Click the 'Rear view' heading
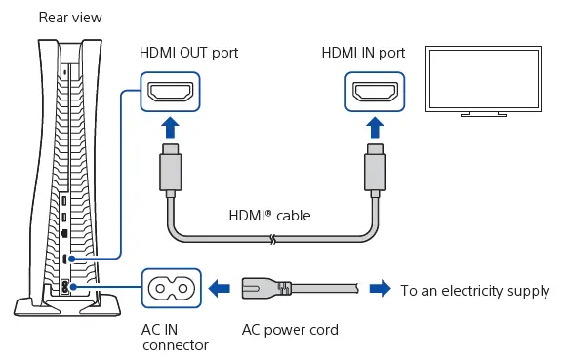(70, 18)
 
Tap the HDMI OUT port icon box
(170, 92)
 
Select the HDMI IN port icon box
(375, 92)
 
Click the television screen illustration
(483, 79)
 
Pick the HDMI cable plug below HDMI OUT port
(170, 171)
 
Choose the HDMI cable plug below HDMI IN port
(375, 171)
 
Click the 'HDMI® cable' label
(269, 216)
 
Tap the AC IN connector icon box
(171, 288)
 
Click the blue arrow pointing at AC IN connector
(220, 288)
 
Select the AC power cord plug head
(266, 288)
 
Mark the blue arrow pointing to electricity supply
(381, 288)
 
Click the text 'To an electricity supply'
(475, 291)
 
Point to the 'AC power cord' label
(290, 330)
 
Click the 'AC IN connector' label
(175, 338)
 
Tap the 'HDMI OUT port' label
(188, 53)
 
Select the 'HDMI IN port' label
(363, 53)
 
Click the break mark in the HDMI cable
(273, 239)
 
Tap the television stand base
(484, 114)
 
